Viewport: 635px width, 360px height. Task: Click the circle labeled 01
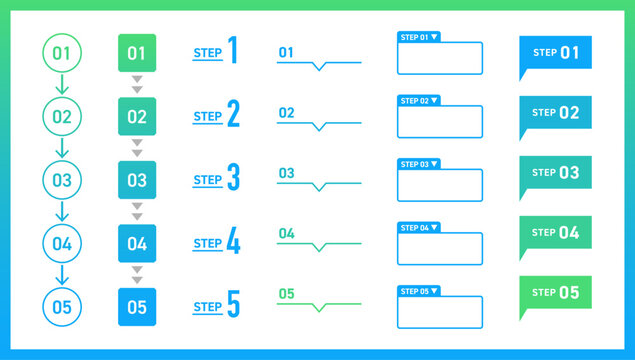click(62, 53)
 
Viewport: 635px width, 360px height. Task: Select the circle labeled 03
click(62, 180)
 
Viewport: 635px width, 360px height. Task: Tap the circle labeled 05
click(62, 307)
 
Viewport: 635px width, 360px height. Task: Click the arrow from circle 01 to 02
click(62, 85)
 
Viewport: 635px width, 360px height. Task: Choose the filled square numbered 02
click(137, 117)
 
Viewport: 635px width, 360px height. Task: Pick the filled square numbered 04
click(137, 243)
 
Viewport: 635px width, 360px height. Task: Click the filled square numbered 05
click(137, 307)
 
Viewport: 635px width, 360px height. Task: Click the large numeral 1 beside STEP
click(232, 51)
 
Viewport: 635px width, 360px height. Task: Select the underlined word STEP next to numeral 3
click(207, 181)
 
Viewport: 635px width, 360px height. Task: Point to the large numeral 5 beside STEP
click(233, 305)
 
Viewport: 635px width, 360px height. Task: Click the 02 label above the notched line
click(286, 113)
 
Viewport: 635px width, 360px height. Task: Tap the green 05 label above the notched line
click(286, 293)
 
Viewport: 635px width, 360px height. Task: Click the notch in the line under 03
click(319, 187)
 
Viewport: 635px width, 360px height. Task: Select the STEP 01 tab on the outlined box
click(419, 37)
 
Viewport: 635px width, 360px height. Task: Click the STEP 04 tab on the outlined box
click(419, 228)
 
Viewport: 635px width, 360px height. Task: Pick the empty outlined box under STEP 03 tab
click(439, 185)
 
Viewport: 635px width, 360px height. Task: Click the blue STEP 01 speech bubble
click(555, 53)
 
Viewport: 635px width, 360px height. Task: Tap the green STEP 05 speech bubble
click(555, 293)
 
